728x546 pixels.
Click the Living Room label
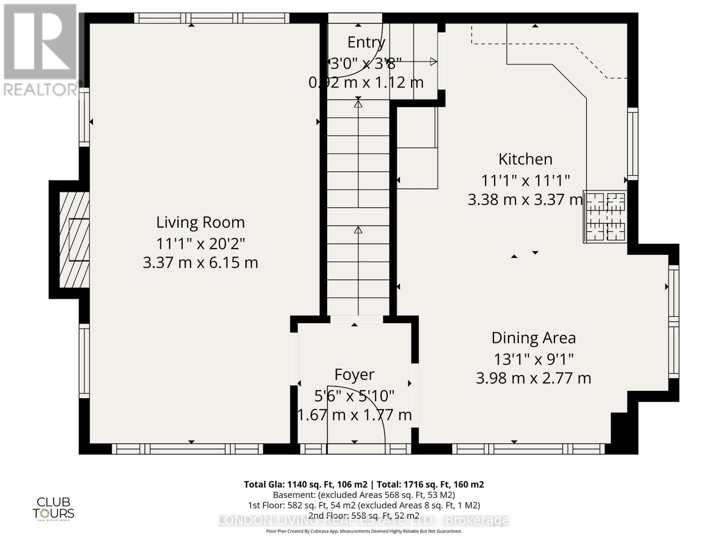point(200,222)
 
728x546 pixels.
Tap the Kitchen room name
point(526,159)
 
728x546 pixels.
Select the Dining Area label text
point(533,338)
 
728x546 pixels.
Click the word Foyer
point(354,374)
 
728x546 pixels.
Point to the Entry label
point(366,42)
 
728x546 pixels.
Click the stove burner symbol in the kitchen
point(606,217)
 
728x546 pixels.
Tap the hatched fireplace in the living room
point(74,239)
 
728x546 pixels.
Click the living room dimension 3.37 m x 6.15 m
point(200,263)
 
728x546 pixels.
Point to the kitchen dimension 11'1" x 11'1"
point(526,181)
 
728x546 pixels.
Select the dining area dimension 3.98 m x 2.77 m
point(533,378)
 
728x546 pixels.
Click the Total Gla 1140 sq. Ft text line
point(364,484)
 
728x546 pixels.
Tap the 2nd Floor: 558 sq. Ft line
point(364,516)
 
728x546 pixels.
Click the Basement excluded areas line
point(364,495)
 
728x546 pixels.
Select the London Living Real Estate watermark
point(364,521)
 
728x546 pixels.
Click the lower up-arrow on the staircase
point(358,230)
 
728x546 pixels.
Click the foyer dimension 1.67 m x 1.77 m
point(354,415)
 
